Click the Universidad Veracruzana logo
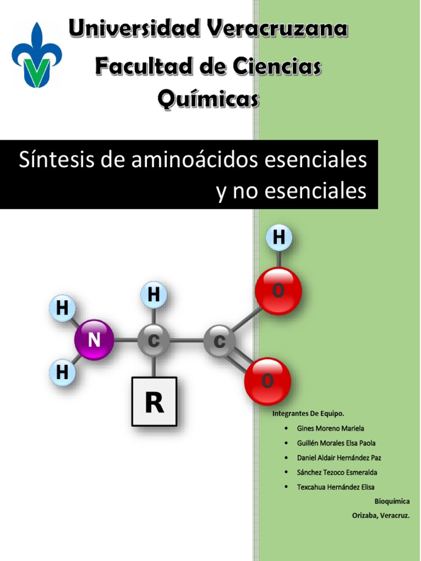37,55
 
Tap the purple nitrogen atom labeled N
94,340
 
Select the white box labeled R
154,402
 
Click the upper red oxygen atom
278,291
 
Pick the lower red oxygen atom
268,381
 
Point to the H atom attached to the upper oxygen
279,238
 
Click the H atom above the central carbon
154,295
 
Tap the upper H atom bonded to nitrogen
62,308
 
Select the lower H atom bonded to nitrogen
62,373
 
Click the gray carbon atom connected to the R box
153,341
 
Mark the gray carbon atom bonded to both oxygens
219,342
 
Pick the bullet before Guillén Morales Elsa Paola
287,443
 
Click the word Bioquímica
392,501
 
